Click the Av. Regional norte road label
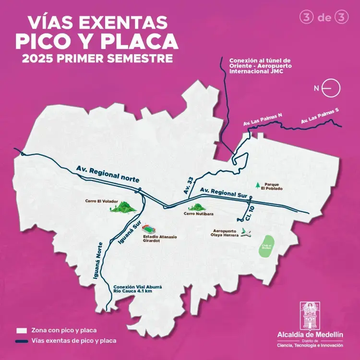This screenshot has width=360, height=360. [108, 174]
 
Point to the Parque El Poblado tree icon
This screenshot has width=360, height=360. [258, 185]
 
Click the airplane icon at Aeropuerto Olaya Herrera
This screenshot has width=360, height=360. [247, 234]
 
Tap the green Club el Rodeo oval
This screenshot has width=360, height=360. [267, 246]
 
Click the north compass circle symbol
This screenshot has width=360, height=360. [332, 88]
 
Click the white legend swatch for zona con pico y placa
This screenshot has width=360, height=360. [21, 330]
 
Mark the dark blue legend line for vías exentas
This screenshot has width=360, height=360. [21, 341]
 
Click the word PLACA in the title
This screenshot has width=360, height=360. [140, 42]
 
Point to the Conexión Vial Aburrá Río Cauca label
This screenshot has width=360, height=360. [138, 288]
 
